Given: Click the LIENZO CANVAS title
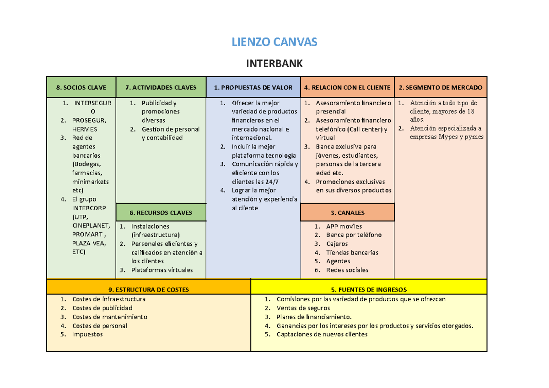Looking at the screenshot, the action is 274,43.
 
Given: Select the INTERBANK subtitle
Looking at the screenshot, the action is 274,64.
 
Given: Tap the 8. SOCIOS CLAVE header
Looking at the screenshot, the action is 81,87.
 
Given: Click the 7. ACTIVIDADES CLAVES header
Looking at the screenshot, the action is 161,87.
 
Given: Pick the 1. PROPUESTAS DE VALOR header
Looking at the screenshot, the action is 253,87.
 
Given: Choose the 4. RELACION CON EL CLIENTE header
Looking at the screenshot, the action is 347,87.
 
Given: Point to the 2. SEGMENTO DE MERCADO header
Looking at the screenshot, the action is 440,87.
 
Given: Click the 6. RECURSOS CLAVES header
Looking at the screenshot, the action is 161,213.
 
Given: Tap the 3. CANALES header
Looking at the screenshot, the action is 347,213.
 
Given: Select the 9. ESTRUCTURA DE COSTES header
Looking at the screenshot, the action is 149,289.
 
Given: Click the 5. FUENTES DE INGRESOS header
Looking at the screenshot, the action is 369,289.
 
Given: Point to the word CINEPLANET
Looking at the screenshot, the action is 91,226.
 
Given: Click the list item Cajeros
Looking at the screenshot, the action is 337,244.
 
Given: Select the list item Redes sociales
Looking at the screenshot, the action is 347,270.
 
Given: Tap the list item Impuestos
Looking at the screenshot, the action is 87,335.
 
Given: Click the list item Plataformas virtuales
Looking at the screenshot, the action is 162,270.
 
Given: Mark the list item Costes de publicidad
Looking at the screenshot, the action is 102,308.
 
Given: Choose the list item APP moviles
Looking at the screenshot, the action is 344,226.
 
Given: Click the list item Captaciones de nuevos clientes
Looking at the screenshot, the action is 322,335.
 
